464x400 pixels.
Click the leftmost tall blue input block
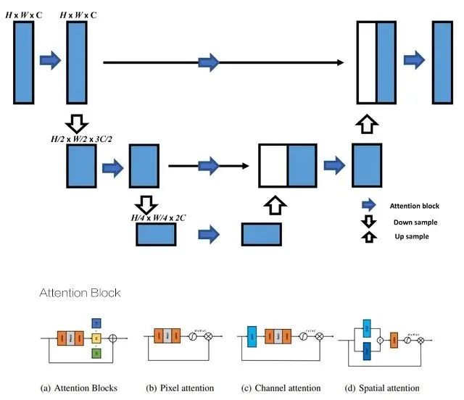(24, 62)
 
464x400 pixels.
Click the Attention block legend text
(415, 207)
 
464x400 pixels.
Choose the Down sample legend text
(410, 222)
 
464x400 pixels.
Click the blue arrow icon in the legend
(369, 206)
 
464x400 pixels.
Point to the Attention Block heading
(80, 293)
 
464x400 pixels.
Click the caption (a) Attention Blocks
(80, 388)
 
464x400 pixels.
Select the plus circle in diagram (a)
(114, 338)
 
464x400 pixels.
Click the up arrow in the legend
(369, 236)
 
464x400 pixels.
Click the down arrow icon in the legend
(369, 221)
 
